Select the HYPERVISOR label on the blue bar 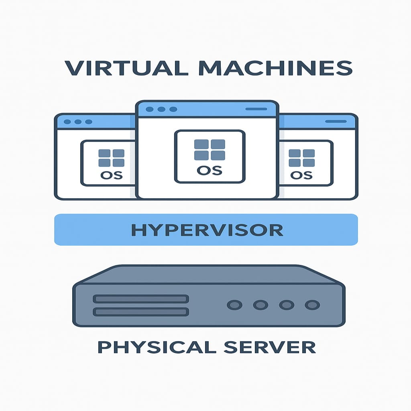pos(207,230)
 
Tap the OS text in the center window pos(209,170)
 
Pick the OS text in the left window pos(111,175)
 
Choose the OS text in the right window pos(301,175)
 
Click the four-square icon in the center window pos(210,150)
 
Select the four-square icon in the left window pos(111,158)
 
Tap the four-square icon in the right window pos(301,158)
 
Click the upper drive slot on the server pos(141,299)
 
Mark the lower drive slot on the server pos(141,312)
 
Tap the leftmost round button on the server pos(235,305)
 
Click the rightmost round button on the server pos(312,305)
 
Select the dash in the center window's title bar pos(256,109)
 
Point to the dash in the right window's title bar pos(336,121)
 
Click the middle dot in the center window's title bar pos(161,109)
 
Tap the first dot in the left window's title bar pos(67,122)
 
